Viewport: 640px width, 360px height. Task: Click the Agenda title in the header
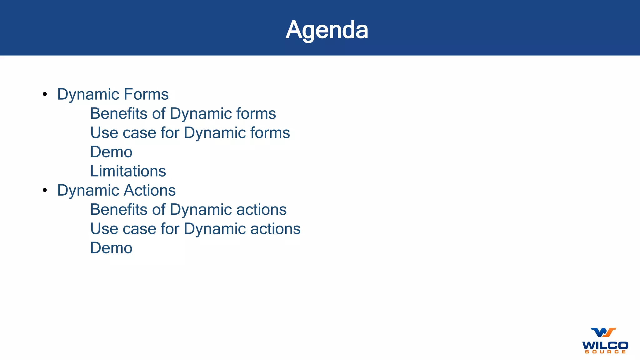[x=327, y=30]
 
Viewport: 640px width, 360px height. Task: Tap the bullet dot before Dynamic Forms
[x=45, y=94]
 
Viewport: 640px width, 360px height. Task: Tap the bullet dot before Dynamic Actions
[x=45, y=190]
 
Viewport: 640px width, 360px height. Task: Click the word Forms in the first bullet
[x=146, y=94]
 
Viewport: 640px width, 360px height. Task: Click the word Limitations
[x=128, y=171]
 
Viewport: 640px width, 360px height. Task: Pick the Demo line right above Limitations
[x=111, y=152]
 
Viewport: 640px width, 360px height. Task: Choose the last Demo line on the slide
[x=111, y=248]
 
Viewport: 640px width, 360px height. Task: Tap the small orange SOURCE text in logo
[x=605, y=352]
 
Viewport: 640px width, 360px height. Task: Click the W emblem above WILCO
[x=603, y=332]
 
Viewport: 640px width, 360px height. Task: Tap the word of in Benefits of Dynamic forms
[x=158, y=113]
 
